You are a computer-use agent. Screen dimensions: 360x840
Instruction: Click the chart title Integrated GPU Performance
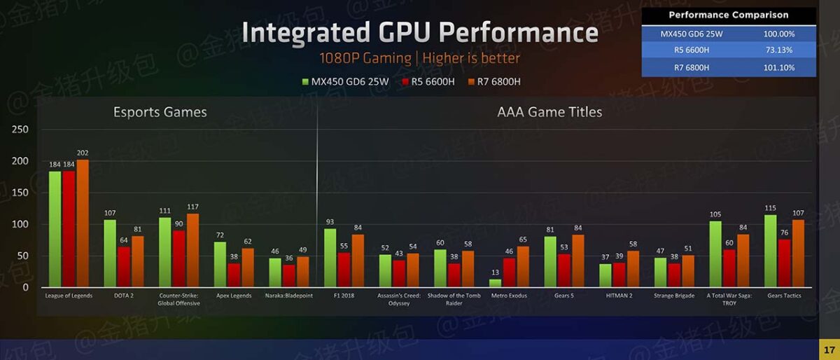coord(420,32)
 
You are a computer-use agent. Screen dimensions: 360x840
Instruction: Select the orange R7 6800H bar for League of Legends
coord(83,223)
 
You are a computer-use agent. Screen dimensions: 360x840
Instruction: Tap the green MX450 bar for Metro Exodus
coord(495,283)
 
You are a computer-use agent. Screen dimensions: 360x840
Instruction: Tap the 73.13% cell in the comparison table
coord(778,50)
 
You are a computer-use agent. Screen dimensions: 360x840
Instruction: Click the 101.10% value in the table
coord(778,67)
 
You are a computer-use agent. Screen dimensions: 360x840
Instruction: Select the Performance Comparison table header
coord(728,15)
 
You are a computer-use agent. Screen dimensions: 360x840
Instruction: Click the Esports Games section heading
coord(160,112)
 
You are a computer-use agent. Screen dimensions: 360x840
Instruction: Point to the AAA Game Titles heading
coord(549,112)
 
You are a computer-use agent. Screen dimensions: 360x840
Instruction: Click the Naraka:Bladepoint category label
coord(290,296)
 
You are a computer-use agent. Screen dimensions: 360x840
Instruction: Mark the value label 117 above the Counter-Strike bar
coord(192,207)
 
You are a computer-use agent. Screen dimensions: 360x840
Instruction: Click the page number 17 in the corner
coord(829,349)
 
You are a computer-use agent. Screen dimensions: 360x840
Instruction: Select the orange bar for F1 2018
coord(357,261)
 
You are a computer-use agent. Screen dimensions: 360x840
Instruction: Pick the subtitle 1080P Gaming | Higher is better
coord(420,58)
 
